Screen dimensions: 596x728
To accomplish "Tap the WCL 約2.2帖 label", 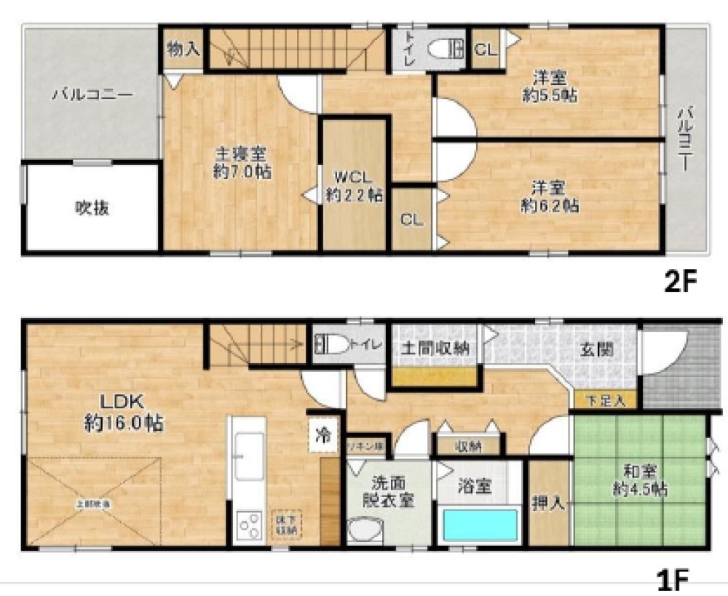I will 354,186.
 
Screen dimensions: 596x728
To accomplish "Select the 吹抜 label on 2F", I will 92,208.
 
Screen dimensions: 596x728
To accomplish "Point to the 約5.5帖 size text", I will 550,95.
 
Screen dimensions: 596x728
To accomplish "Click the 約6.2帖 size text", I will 550,206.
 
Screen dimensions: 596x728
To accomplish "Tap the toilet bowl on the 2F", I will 440,49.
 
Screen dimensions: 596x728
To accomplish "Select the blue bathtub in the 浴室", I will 480,525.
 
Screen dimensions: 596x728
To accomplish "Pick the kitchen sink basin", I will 249,455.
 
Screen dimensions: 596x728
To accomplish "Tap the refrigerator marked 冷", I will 323,434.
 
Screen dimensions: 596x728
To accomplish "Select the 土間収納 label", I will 435,348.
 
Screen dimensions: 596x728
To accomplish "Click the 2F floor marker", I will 681,282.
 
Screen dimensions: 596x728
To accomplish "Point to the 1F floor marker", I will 673,580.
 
